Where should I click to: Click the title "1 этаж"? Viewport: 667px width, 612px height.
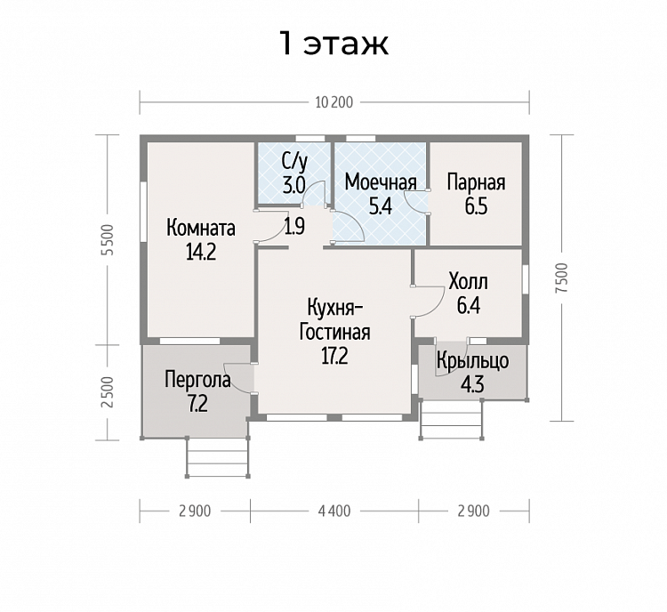pos(333,43)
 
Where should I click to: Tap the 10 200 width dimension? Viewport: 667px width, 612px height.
pos(334,102)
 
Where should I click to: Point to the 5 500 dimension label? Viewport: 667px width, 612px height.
pos(109,239)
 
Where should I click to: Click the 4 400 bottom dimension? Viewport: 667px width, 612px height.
pos(334,511)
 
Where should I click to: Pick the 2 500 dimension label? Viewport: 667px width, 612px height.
pos(109,392)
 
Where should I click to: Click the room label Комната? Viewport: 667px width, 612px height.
pos(201,228)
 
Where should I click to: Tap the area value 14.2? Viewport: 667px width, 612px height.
pos(201,252)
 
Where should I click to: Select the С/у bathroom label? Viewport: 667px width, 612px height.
pos(294,162)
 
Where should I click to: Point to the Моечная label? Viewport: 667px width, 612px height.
pos(381,182)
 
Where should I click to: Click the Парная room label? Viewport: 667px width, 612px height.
pos(477,182)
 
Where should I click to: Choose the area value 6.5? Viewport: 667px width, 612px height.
pos(476,206)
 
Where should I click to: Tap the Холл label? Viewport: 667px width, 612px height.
pos(469,282)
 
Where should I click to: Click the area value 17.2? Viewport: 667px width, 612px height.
pos(334,356)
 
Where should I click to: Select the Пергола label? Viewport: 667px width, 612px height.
pos(197,379)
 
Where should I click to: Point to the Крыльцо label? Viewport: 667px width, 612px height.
pos(472,361)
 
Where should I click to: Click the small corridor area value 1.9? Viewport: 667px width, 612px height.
pos(294,227)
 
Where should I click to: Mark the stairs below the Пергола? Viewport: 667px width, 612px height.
pos(218,457)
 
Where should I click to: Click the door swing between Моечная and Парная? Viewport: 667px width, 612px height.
pos(415,202)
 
